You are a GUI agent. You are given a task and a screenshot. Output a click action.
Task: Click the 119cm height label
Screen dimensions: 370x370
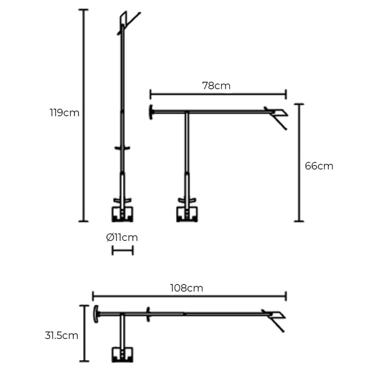click(x=64, y=113)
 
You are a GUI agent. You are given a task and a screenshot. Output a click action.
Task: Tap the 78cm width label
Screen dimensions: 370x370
click(x=216, y=86)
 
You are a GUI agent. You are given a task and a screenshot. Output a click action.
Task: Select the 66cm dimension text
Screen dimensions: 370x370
click(x=319, y=166)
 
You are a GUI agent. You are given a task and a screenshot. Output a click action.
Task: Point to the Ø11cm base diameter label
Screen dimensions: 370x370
click(x=122, y=238)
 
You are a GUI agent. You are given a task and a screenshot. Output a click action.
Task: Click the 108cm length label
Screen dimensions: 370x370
click(x=186, y=288)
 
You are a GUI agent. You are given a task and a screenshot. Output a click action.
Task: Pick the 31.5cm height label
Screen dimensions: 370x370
click(x=62, y=336)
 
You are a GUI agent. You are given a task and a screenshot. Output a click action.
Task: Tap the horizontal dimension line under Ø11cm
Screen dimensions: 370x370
click(x=123, y=250)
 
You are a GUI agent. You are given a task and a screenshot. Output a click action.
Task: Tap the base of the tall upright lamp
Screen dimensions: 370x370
click(x=123, y=213)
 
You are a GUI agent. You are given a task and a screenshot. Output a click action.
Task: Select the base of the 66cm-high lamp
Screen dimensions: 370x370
click(x=188, y=213)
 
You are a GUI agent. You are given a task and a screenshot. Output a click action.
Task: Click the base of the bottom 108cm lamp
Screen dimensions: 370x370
click(x=123, y=354)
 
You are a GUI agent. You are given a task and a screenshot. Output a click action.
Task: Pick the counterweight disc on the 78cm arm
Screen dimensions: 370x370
click(x=151, y=112)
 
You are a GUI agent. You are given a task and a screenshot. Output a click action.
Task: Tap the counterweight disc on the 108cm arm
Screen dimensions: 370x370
click(x=96, y=314)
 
